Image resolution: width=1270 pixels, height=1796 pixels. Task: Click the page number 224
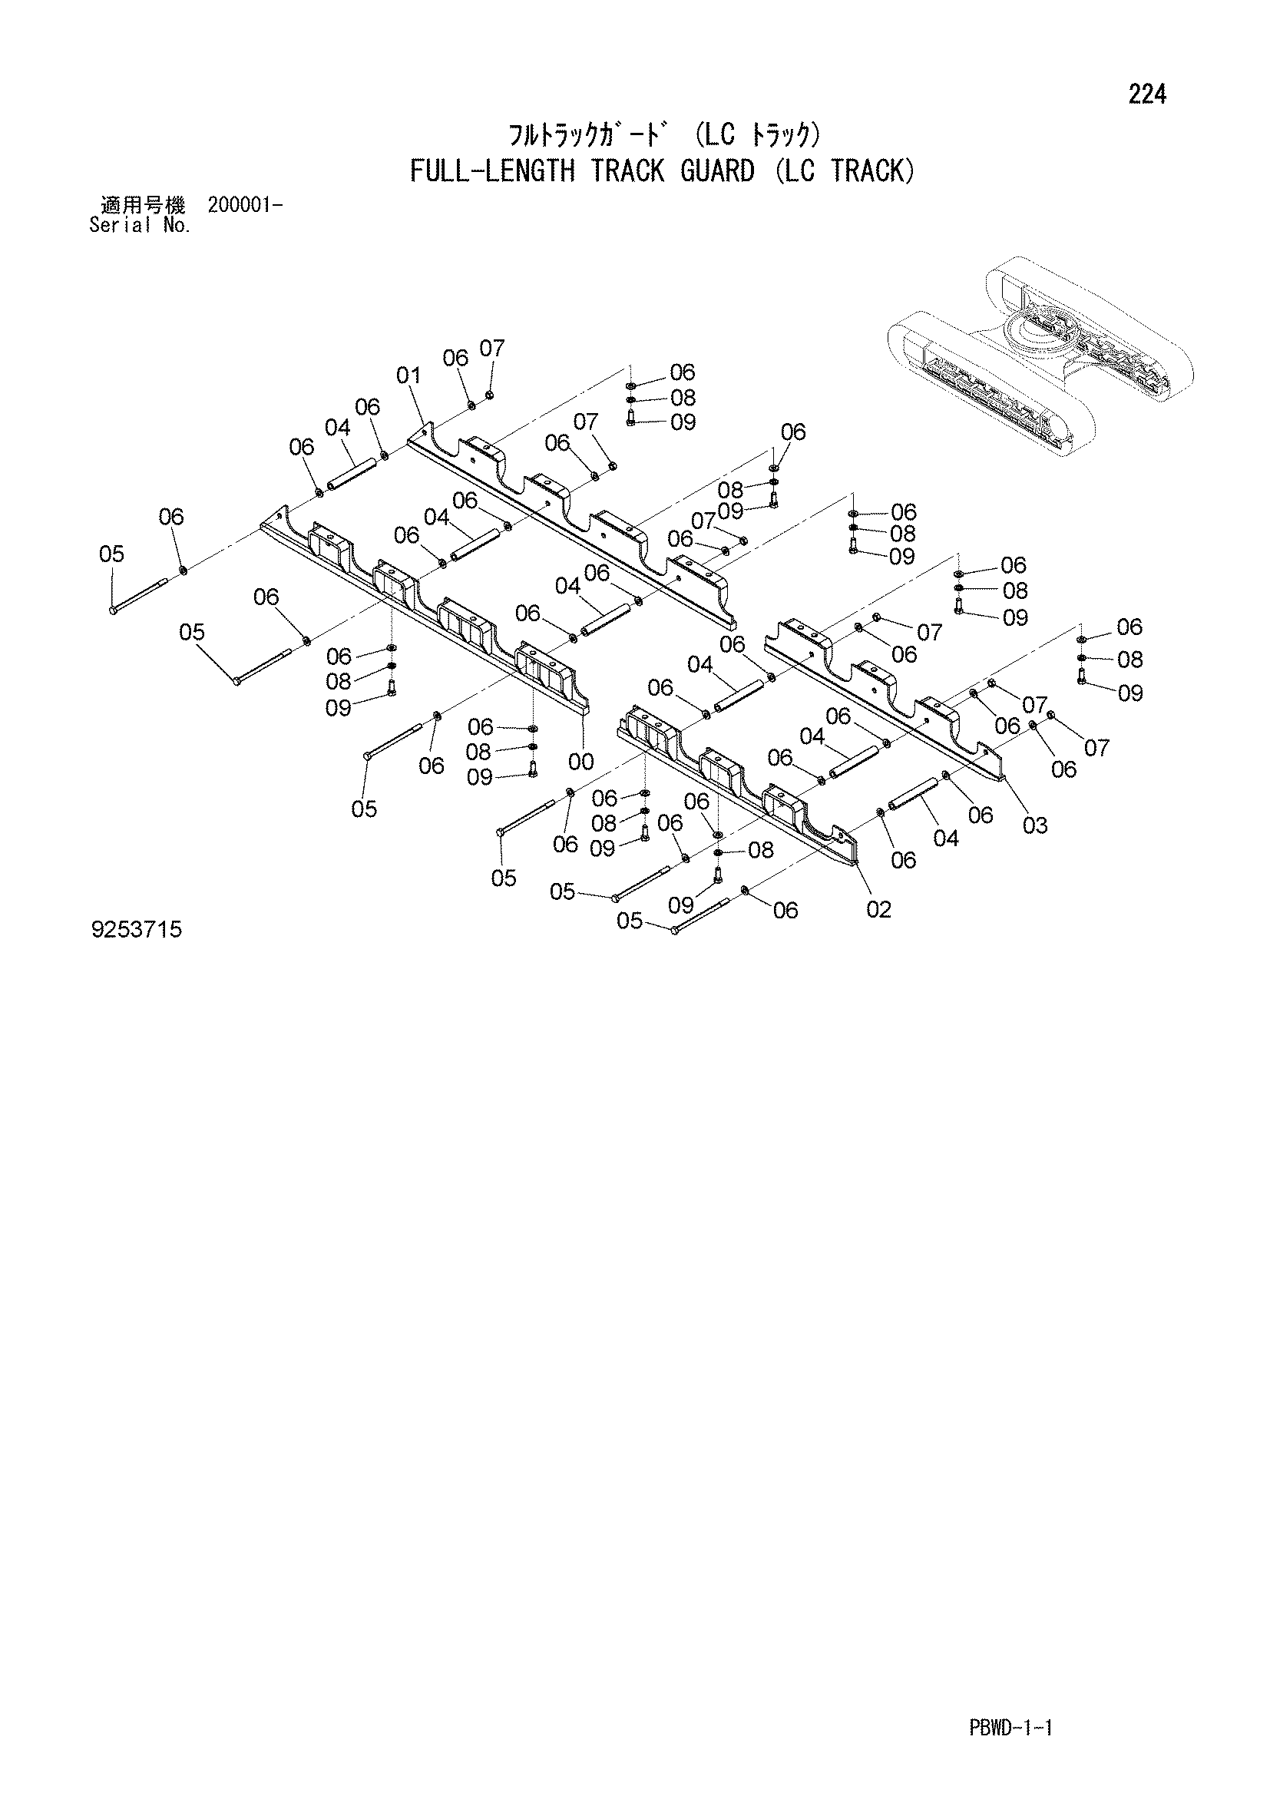click(x=1147, y=94)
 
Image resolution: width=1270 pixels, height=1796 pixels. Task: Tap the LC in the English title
click(x=795, y=170)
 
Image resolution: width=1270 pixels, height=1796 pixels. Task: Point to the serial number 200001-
click(x=246, y=206)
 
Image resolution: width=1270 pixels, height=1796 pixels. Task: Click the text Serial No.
click(x=141, y=226)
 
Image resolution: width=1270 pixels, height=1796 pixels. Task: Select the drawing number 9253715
click(x=137, y=930)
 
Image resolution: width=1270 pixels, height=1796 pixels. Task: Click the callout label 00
click(x=581, y=761)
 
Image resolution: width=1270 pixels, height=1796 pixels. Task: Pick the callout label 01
click(x=408, y=375)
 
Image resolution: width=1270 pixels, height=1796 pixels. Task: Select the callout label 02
click(x=878, y=909)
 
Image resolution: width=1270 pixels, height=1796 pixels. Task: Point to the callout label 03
click(x=1034, y=825)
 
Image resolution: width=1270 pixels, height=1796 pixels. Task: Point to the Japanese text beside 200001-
click(x=143, y=206)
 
